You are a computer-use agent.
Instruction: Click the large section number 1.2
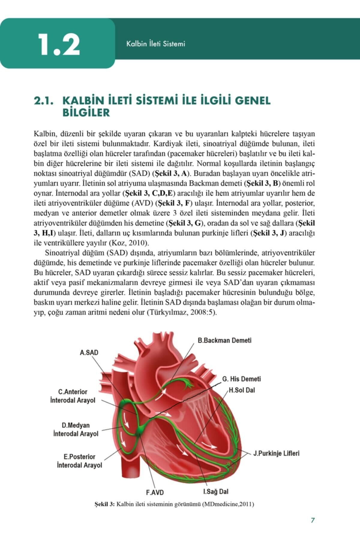pyautogui.click(x=59, y=45)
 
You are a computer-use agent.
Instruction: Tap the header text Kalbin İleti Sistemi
pyautogui.click(x=155, y=44)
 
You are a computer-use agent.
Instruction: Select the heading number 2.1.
pyautogui.click(x=43, y=101)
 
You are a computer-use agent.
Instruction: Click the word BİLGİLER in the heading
pyautogui.click(x=86, y=113)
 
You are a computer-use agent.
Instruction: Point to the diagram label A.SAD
pyautogui.click(x=89, y=352)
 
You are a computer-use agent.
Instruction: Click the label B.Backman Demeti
pyautogui.click(x=224, y=340)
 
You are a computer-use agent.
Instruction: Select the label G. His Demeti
pyautogui.click(x=241, y=379)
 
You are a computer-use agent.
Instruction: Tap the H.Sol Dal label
pyautogui.click(x=242, y=390)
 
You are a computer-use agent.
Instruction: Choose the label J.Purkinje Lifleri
pyautogui.click(x=276, y=453)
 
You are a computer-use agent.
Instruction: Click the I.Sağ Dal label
pyautogui.click(x=216, y=492)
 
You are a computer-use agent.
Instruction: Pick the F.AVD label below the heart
pyautogui.click(x=155, y=492)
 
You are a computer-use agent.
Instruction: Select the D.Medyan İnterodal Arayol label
pyautogui.click(x=76, y=429)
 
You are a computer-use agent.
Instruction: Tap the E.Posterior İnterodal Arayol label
pyautogui.click(x=79, y=461)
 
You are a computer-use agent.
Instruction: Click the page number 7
pyautogui.click(x=313, y=520)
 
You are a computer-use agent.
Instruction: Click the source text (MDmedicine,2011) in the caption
pyautogui.click(x=228, y=504)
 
